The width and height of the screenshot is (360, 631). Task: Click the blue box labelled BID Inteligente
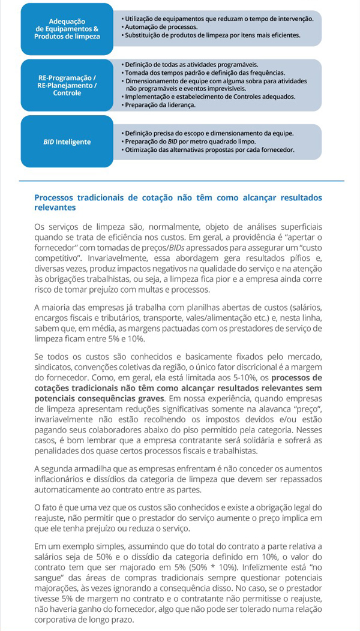tap(67, 142)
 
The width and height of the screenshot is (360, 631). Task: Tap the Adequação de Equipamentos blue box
tap(67, 28)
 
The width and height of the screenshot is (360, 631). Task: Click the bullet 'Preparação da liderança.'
tap(160, 105)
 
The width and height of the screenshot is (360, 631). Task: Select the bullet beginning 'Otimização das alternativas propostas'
tap(209, 149)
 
